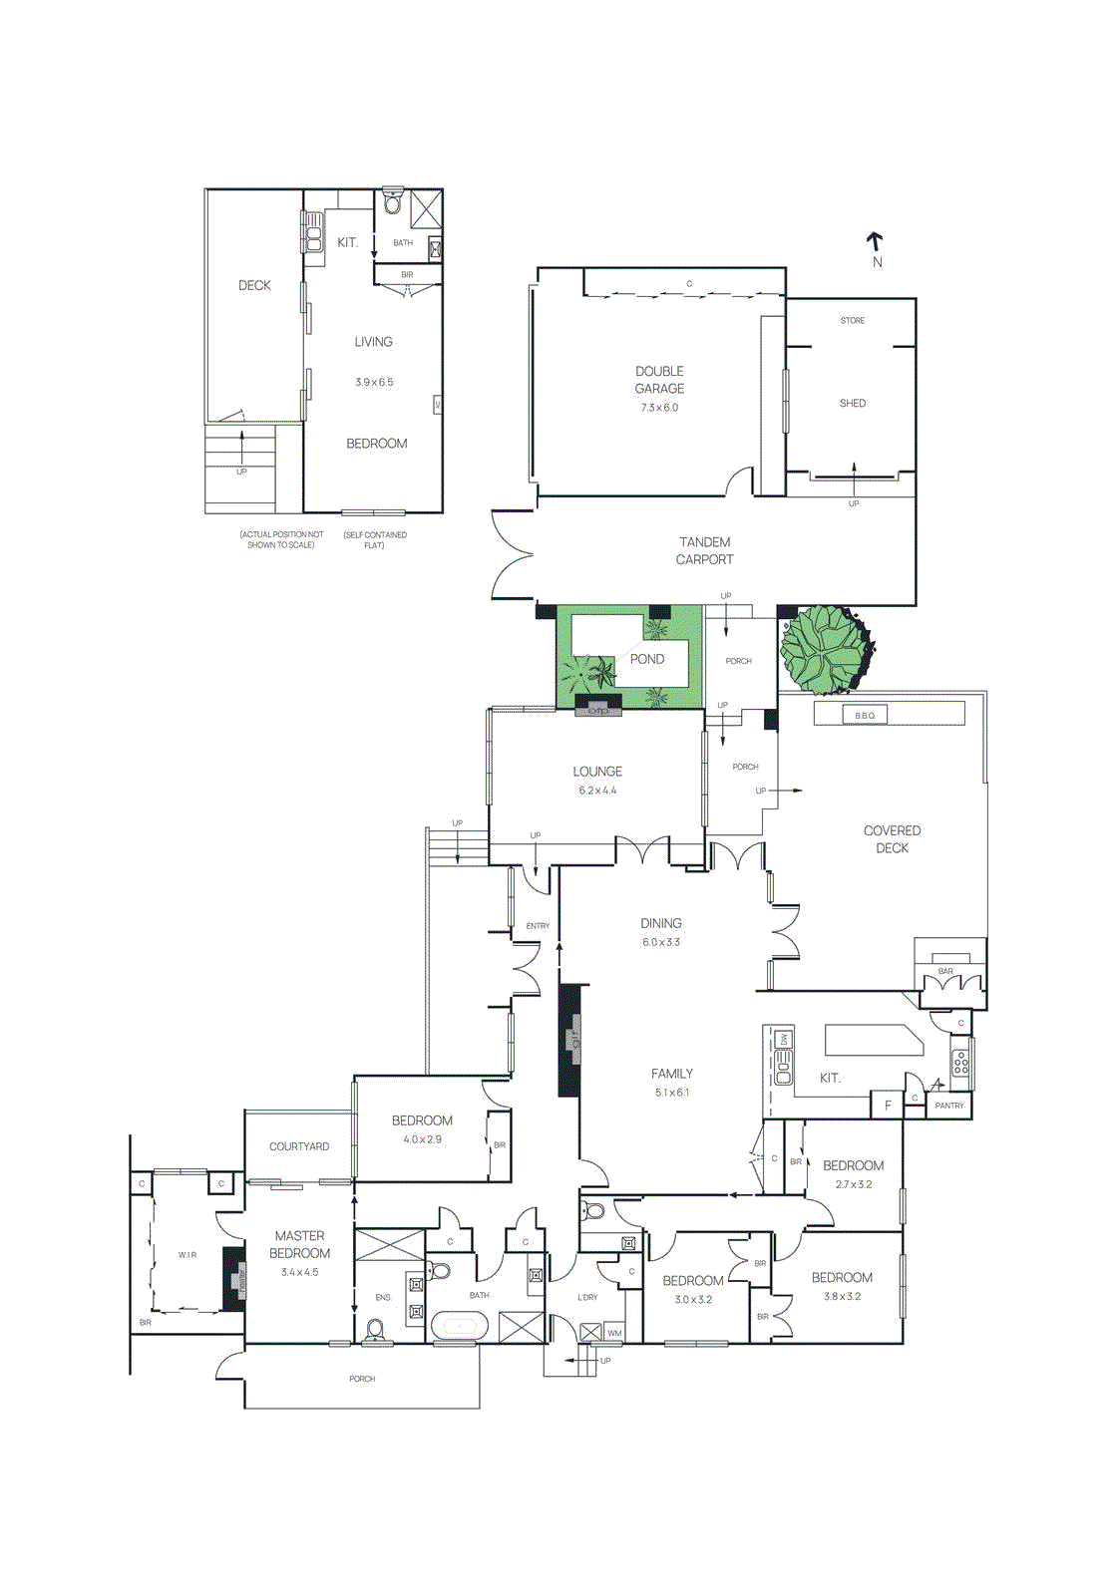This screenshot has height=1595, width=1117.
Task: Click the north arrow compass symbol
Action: [875, 242]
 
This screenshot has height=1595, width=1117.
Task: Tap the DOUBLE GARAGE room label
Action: [659, 380]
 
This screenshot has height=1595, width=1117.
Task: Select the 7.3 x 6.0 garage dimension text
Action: [659, 408]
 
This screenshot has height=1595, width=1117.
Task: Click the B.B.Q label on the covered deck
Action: [865, 716]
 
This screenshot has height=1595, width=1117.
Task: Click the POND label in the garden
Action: [646, 659]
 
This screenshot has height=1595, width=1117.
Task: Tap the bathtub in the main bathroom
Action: [459, 1327]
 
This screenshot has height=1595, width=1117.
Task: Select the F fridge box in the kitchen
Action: [888, 1106]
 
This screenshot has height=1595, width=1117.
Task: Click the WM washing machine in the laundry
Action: [614, 1333]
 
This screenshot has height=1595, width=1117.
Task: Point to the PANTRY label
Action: [949, 1106]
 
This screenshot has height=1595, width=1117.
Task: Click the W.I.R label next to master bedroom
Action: [187, 1255]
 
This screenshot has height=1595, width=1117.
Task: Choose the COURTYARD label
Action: [299, 1146]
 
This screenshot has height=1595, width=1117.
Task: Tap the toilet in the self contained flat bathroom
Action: [393, 204]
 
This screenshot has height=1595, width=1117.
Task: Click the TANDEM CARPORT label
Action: [704, 551]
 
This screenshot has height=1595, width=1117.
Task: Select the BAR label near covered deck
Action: [945, 971]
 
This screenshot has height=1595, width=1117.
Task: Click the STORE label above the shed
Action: [853, 321]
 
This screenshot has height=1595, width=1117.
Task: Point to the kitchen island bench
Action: [872, 1040]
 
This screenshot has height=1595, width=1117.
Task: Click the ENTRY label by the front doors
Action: [538, 926]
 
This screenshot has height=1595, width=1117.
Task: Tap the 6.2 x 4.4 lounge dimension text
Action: [597, 791]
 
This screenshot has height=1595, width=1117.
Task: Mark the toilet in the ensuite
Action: [376, 1331]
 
